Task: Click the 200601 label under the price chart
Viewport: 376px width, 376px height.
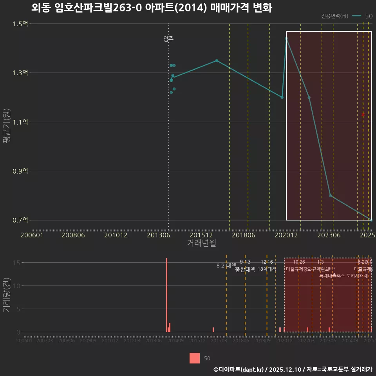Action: tap(32, 235)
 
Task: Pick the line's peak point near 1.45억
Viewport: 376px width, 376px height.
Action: tap(286, 38)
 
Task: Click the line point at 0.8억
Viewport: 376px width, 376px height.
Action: tap(331, 195)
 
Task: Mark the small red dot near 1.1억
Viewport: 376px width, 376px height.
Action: tap(363, 114)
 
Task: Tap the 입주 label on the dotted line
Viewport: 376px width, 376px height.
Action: tap(168, 39)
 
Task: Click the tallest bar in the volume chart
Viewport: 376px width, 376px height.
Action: tap(166, 295)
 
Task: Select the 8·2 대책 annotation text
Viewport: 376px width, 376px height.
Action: tap(224, 266)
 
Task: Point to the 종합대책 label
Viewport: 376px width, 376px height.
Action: tap(245, 269)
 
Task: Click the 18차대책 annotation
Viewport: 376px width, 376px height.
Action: tap(267, 269)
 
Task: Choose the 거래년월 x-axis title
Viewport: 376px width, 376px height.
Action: tap(201, 243)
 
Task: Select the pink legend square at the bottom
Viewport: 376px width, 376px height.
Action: tap(195, 358)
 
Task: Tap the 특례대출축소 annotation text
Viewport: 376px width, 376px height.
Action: tap(332, 276)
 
